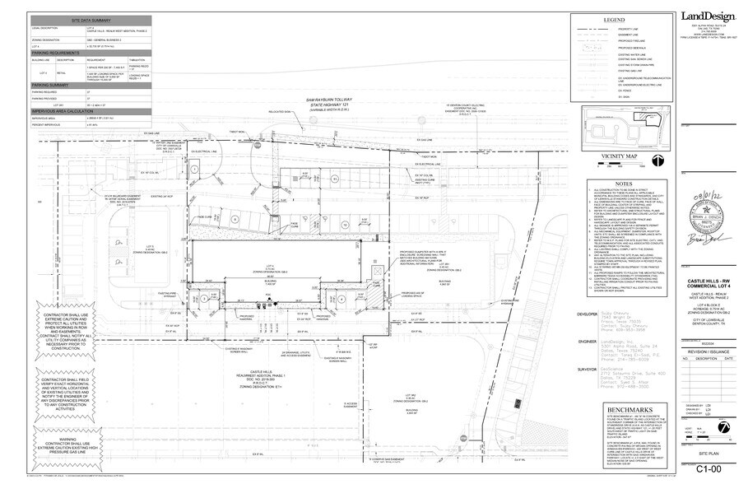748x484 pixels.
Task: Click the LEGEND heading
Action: (614, 19)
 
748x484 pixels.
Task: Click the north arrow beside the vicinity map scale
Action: (658, 161)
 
